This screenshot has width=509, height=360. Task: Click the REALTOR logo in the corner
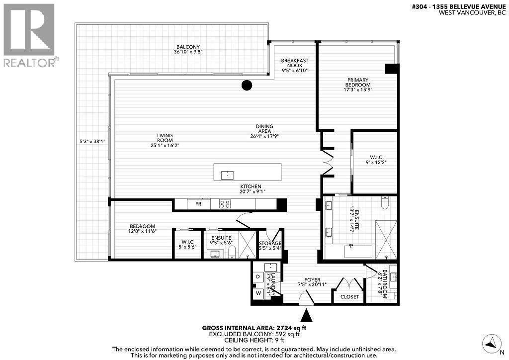click(29, 35)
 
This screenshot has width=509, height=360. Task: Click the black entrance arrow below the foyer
click(307, 315)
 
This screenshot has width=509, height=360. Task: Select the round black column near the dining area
click(247, 85)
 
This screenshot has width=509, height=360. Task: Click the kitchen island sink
click(230, 174)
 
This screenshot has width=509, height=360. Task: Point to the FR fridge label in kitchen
click(198, 204)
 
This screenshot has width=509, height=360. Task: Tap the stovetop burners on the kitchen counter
click(225, 204)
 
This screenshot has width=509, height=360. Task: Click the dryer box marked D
click(258, 277)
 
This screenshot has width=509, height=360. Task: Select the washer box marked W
click(258, 293)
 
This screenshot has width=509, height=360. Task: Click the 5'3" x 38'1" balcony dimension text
click(91, 140)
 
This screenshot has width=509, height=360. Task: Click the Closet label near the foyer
click(349, 297)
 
